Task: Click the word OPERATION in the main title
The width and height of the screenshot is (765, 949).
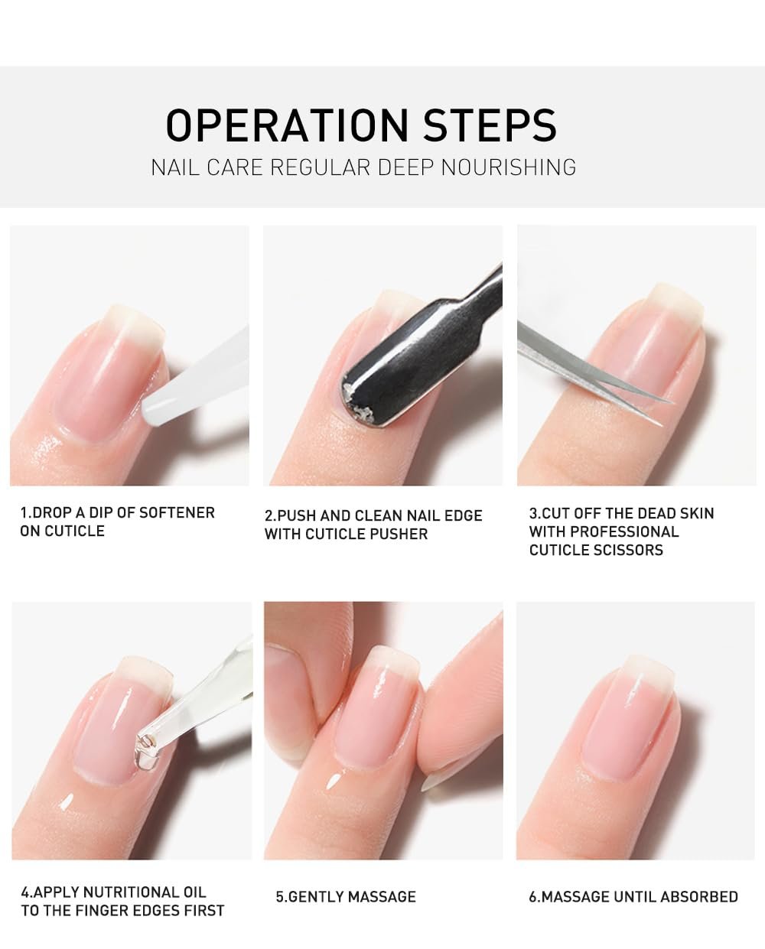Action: pos(287,125)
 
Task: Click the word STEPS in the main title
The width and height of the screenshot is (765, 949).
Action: pos(490,125)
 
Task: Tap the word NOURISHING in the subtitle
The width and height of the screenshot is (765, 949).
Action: pos(509,167)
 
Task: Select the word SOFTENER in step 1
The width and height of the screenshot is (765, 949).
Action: pos(177,512)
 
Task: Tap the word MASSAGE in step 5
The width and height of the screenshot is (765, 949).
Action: pos(382,896)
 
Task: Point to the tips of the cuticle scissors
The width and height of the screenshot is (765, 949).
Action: pos(662,412)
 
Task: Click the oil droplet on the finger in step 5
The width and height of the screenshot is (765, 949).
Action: pos(333,782)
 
